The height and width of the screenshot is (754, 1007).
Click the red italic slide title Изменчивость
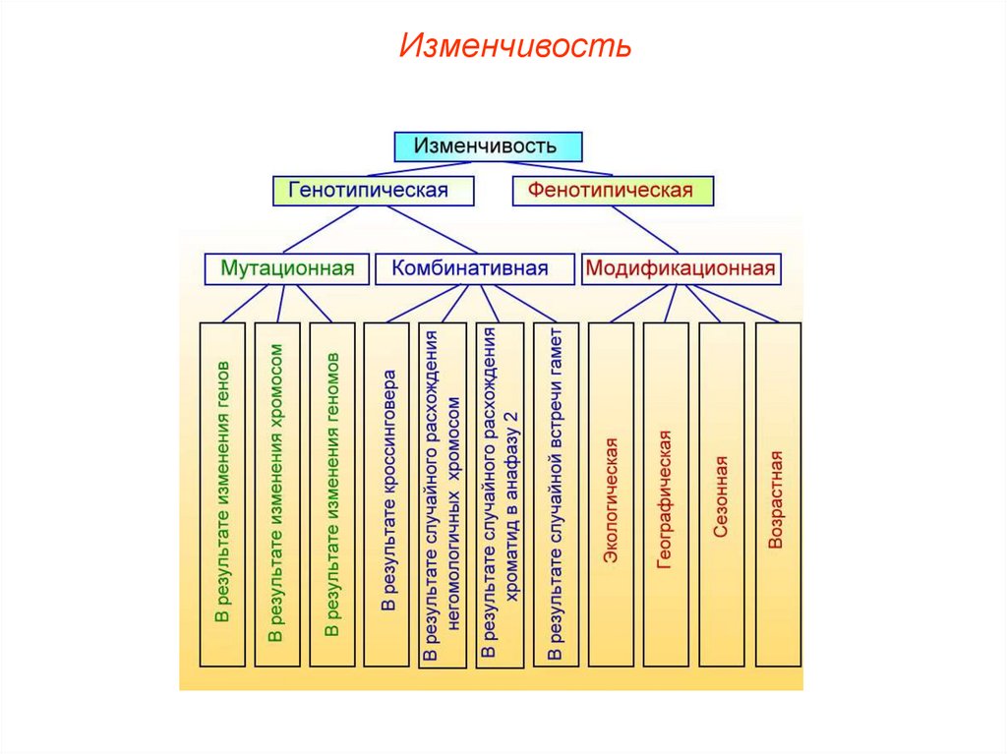click(x=514, y=47)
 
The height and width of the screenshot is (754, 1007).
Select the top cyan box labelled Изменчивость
click(x=488, y=146)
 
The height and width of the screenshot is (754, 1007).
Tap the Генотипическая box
click(x=373, y=191)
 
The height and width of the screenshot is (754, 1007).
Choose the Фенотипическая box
click(x=613, y=191)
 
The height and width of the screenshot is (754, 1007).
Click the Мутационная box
click(x=287, y=268)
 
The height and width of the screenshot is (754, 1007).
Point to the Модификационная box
click(x=681, y=268)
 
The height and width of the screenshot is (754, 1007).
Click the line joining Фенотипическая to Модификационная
click(x=646, y=230)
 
